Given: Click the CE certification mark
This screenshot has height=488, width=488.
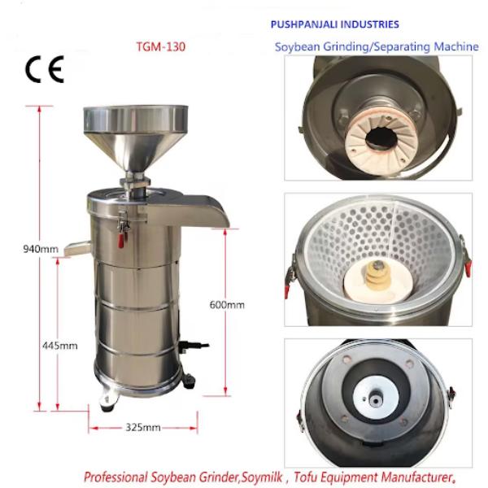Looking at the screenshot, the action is click(x=45, y=69).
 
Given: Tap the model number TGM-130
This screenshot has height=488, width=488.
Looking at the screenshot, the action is click(x=161, y=47).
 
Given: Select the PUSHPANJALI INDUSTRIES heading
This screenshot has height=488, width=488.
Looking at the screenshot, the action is click(x=334, y=24).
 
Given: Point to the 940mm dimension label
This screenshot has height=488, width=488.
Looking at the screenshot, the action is click(x=41, y=249).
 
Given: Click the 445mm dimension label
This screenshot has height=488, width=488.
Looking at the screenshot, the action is click(x=60, y=346).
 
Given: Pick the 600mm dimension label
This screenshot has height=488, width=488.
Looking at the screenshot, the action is click(x=227, y=304).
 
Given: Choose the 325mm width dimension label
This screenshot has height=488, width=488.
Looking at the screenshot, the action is click(x=143, y=427).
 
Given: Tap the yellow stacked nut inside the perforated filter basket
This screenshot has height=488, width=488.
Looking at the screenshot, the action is click(x=377, y=275).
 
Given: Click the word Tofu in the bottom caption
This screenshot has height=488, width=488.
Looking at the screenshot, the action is click(x=306, y=477).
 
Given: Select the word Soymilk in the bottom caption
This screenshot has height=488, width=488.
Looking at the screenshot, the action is click(x=263, y=477).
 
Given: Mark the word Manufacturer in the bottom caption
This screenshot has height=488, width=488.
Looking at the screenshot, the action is click(x=416, y=477).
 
